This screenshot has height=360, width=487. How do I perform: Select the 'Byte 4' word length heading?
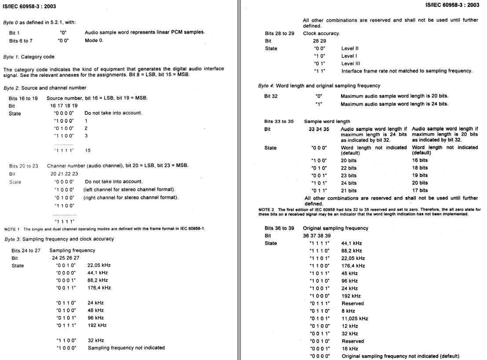[319, 86]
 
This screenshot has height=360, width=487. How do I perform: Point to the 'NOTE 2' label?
[267, 210]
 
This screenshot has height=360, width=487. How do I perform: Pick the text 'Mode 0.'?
[94, 40]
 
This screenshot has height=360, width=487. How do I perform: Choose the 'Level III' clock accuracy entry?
[351, 63]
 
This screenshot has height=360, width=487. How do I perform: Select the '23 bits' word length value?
[349, 175]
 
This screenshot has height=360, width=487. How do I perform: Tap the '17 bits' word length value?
[420, 190]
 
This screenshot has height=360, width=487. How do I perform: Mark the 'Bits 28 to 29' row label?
[280, 33]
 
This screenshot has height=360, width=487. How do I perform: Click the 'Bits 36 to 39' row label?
[280, 229]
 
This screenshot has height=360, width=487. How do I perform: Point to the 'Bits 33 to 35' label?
[279, 120]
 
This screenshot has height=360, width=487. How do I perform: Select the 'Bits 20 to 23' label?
[24, 166]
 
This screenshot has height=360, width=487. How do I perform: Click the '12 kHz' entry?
[350, 326]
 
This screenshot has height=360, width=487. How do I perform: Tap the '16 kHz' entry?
[350, 349]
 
